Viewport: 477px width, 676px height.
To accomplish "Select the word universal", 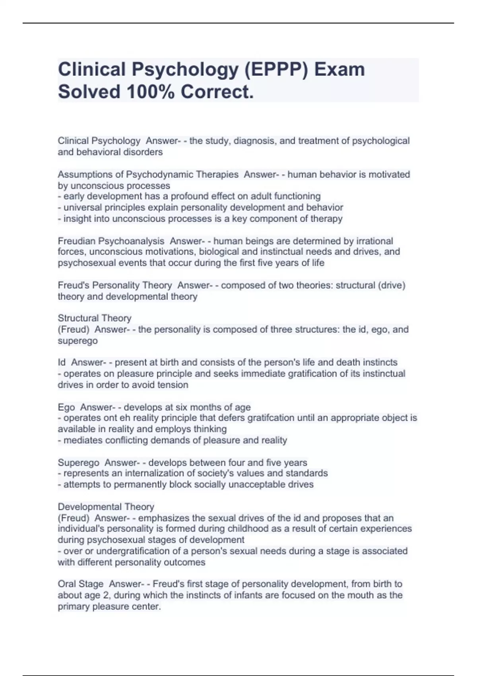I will [x=82, y=207].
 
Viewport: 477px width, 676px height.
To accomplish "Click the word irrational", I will [x=374, y=241].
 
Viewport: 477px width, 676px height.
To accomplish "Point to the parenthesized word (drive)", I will [x=392, y=285].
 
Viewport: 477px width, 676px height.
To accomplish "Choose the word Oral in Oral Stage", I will [x=66, y=584].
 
